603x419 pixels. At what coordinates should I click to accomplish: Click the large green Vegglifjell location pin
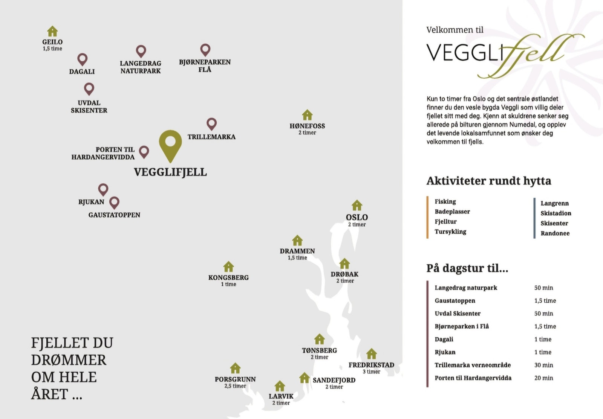[x=170, y=145]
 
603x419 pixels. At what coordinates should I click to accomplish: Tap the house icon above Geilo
[x=52, y=31]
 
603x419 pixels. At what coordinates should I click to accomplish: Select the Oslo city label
[x=357, y=217]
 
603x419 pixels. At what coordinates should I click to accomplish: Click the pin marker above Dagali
[x=82, y=59]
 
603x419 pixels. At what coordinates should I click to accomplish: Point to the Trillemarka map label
[x=211, y=137]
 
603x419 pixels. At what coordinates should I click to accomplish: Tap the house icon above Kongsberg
[x=228, y=267]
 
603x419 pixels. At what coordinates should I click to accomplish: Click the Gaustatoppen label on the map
[x=114, y=215]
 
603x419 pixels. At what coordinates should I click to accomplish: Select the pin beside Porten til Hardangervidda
[x=144, y=152]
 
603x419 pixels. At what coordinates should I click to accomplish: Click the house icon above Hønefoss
[x=307, y=114]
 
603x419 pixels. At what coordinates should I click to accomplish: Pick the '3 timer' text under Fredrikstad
[x=371, y=372]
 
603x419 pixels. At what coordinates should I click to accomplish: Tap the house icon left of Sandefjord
[x=305, y=378]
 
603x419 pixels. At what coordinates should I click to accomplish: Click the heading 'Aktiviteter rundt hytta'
[x=488, y=181]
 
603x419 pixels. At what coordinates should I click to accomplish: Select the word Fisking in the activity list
[x=445, y=202]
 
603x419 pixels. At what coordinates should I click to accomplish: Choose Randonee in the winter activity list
[x=555, y=233]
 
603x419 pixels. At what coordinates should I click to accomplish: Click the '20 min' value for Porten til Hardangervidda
[x=543, y=378]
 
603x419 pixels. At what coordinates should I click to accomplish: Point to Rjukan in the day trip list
[x=445, y=352]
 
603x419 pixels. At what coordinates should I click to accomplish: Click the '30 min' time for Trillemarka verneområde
[x=543, y=365]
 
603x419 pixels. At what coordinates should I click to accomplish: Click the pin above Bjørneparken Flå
[x=205, y=49]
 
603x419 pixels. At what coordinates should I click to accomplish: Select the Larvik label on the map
[x=281, y=396]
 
